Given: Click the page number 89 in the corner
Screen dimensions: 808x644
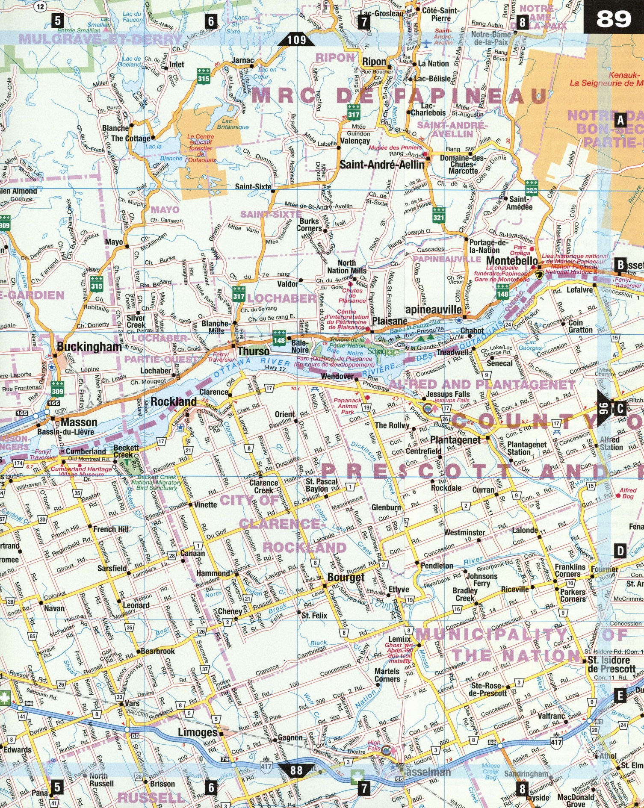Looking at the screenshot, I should (x=613, y=18).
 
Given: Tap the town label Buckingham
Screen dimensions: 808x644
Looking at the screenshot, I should (x=89, y=347).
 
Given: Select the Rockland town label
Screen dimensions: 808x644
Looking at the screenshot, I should (x=173, y=401).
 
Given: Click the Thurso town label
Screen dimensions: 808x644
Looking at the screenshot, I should (x=254, y=351).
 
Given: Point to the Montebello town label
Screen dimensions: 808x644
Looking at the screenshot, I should (x=512, y=260).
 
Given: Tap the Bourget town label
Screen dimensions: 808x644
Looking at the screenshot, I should (x=346, y=578).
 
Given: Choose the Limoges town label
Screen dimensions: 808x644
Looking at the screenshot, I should (x=198, y=732).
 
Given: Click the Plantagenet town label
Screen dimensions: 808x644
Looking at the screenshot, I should (x=455, y=440).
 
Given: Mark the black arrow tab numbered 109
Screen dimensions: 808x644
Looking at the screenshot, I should (x=296, y=40).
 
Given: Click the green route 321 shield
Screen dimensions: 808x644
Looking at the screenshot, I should (x=438, y=214).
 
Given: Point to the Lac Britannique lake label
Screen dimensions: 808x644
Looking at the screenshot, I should (x=232, y=124).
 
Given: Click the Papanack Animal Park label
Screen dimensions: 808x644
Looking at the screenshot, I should (x=347, y=406).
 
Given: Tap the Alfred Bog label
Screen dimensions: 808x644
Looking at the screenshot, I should (x=628, y=493).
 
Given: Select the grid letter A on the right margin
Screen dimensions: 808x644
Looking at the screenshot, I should (x=620, y=120).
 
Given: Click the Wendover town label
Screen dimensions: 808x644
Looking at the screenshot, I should (x=337, y=376).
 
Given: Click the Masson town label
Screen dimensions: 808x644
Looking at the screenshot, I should (x=79, y=422).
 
